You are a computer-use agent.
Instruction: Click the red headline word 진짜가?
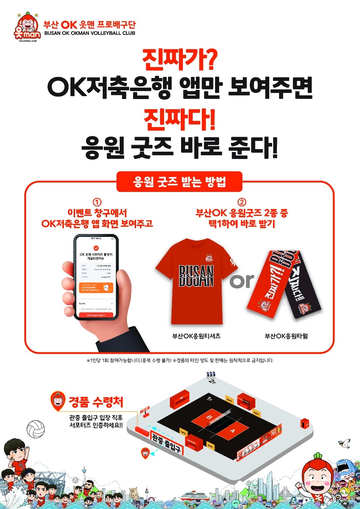[x=180, y=60]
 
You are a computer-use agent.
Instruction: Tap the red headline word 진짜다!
[x=180, y=119]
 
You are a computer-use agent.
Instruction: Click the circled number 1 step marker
[x=97, y=202]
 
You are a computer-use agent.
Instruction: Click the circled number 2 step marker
[x=242, y=202]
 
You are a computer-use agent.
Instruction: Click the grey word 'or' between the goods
[x=242, y=281]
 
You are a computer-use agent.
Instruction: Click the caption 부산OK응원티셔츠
[x=196, y=336]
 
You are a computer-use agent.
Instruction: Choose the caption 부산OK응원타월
[x=286, y=336]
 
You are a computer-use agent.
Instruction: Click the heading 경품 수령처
[x=96, y=402]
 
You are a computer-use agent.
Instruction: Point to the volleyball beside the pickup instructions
[x=36, y=428]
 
